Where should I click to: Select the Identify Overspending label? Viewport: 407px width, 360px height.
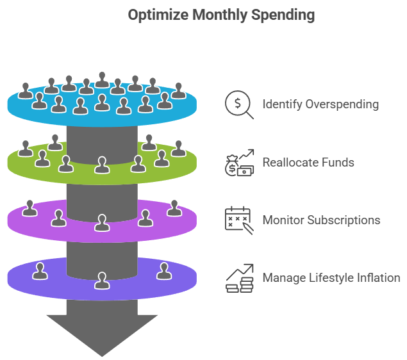pos(320,104)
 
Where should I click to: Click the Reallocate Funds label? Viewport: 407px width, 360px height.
pos(308,162)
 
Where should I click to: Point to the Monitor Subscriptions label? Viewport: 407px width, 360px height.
pos(321,220)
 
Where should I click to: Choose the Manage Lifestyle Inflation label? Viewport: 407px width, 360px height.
pos(331,277)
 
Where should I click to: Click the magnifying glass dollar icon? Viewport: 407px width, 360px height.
pos(239,104)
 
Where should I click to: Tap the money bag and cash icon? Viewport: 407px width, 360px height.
pos(239,162)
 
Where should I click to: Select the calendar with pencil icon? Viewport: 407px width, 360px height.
pos(239,220)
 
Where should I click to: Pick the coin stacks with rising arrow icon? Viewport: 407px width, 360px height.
pos(239,278)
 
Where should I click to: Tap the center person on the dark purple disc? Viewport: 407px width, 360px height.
pos(101,281)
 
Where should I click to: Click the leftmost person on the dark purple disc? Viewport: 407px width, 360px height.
pos(40,271)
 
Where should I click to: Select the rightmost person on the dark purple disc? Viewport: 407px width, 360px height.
pos(163,271)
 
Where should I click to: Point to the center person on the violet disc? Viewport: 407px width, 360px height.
pos(101,222)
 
